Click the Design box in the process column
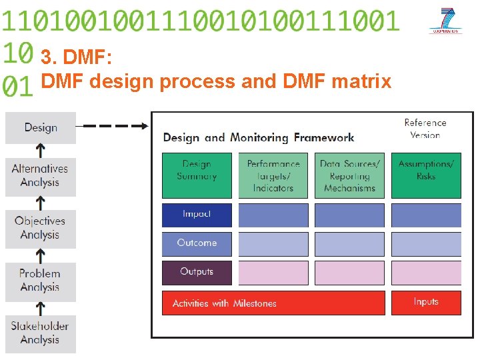[41, 128]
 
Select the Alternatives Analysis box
[41, 177]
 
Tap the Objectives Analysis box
[41, 229]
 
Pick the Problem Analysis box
[41, 281]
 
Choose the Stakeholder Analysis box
[41, 333]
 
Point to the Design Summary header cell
[197, 175]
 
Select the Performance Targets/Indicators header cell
[273, 175]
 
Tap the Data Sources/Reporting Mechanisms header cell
[349, 175]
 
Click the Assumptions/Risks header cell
[426, 175]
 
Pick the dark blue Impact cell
[197, 215]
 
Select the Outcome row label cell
[197, 243]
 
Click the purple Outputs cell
[197, 272]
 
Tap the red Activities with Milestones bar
[273, 303]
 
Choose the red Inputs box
[426, 303]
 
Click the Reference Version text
[425, 129]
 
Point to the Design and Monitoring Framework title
[259, 138]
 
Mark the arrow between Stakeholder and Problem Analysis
[41, 308]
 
